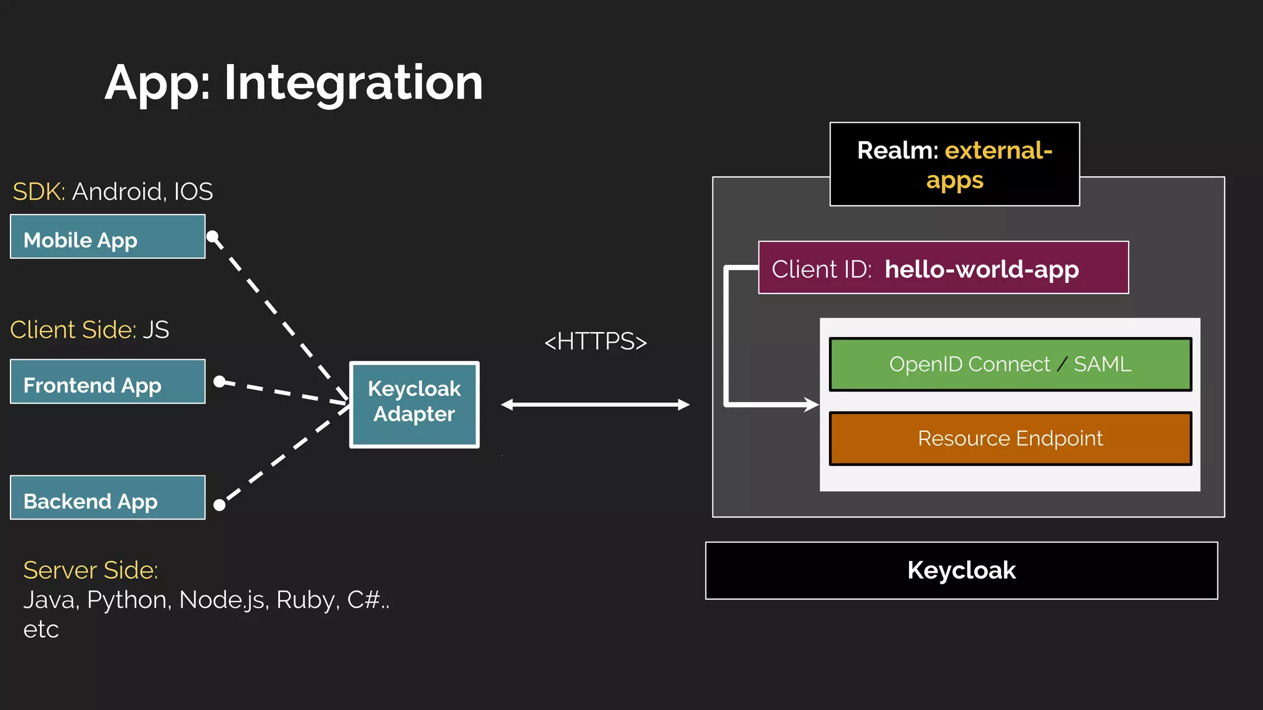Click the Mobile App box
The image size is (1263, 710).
click(107, 237)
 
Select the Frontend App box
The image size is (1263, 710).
click(107, 382)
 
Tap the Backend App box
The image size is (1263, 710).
click(107, 498)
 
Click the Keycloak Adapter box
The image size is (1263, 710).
click(414, 404)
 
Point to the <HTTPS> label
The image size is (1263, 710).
click(595, 341)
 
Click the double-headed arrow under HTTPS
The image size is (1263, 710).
click(595, 404)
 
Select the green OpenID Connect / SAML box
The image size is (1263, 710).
click(1010, 364)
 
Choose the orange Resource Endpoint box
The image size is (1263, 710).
click(1010, 438)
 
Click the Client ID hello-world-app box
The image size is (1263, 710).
click(944, 268)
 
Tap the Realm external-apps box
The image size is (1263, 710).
click(954, 165)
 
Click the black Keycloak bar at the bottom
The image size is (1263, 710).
click(961, 571)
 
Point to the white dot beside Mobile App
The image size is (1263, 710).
click(213, 237)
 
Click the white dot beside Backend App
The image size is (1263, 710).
click(219, 505)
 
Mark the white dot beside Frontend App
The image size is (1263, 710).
click(219, 382)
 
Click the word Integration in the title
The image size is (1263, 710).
click(353, 83)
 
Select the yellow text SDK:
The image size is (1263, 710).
click(38, 192)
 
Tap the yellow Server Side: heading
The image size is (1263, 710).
click(91, 570)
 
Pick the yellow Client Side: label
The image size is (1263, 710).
click(73, 330)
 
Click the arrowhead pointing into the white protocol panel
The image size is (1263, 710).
click(811, 405)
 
